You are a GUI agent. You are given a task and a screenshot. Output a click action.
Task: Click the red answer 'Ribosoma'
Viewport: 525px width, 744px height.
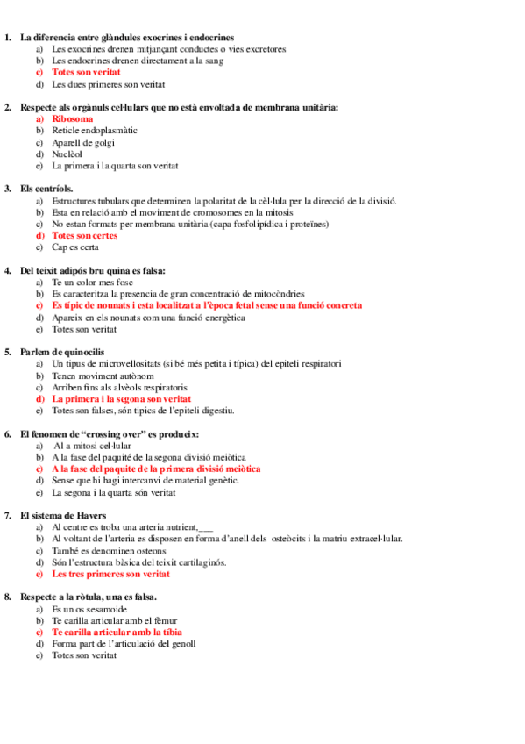click(73, 118)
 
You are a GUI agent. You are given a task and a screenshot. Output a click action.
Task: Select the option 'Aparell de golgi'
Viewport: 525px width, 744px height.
click(83, 142)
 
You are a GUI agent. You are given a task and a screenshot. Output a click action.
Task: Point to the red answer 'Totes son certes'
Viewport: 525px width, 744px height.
click(84, 235)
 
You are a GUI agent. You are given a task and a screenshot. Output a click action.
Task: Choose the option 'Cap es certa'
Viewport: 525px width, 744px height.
click(75, 247)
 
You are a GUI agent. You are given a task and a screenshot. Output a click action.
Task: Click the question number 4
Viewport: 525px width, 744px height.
click(8, 270)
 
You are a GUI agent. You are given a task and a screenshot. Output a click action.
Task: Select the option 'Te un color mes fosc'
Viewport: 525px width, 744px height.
click(91, 283)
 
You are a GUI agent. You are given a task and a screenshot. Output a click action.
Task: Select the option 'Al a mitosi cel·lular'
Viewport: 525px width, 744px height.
click(92, 446)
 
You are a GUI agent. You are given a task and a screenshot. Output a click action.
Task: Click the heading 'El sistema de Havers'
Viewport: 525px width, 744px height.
click(63, 515)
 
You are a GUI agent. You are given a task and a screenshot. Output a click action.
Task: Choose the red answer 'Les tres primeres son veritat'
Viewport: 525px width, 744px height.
click(110, 574)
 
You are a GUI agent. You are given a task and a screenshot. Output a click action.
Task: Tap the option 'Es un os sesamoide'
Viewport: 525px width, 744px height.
click(89, 608)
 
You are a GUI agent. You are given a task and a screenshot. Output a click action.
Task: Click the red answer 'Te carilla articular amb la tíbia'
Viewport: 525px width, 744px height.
click(117, 632)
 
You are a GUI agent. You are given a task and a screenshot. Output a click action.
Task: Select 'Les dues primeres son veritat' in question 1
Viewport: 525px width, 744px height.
click(108, 84)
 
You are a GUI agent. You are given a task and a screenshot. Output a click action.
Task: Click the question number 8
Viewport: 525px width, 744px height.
click(8, 597)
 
